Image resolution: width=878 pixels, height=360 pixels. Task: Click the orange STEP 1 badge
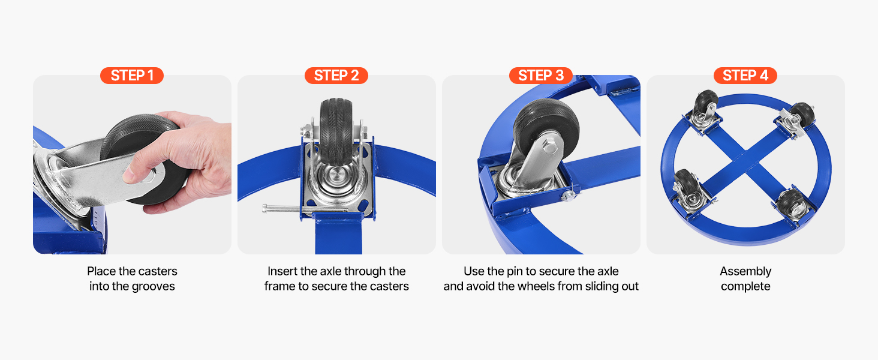point(132,75)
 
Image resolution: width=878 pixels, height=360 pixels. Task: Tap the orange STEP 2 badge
point(336,75)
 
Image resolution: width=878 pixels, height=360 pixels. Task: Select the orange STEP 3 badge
point(541,75)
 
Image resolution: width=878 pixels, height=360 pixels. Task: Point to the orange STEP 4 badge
point(745,75)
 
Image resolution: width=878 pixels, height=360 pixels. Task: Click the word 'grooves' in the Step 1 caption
point(154,287)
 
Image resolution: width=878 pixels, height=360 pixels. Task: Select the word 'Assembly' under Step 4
point(745,271)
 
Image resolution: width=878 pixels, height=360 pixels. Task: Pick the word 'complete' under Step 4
point(745,287)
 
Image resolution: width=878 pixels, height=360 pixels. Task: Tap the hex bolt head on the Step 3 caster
point(551,148)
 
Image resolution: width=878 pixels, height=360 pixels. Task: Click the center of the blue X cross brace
point(745,161)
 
